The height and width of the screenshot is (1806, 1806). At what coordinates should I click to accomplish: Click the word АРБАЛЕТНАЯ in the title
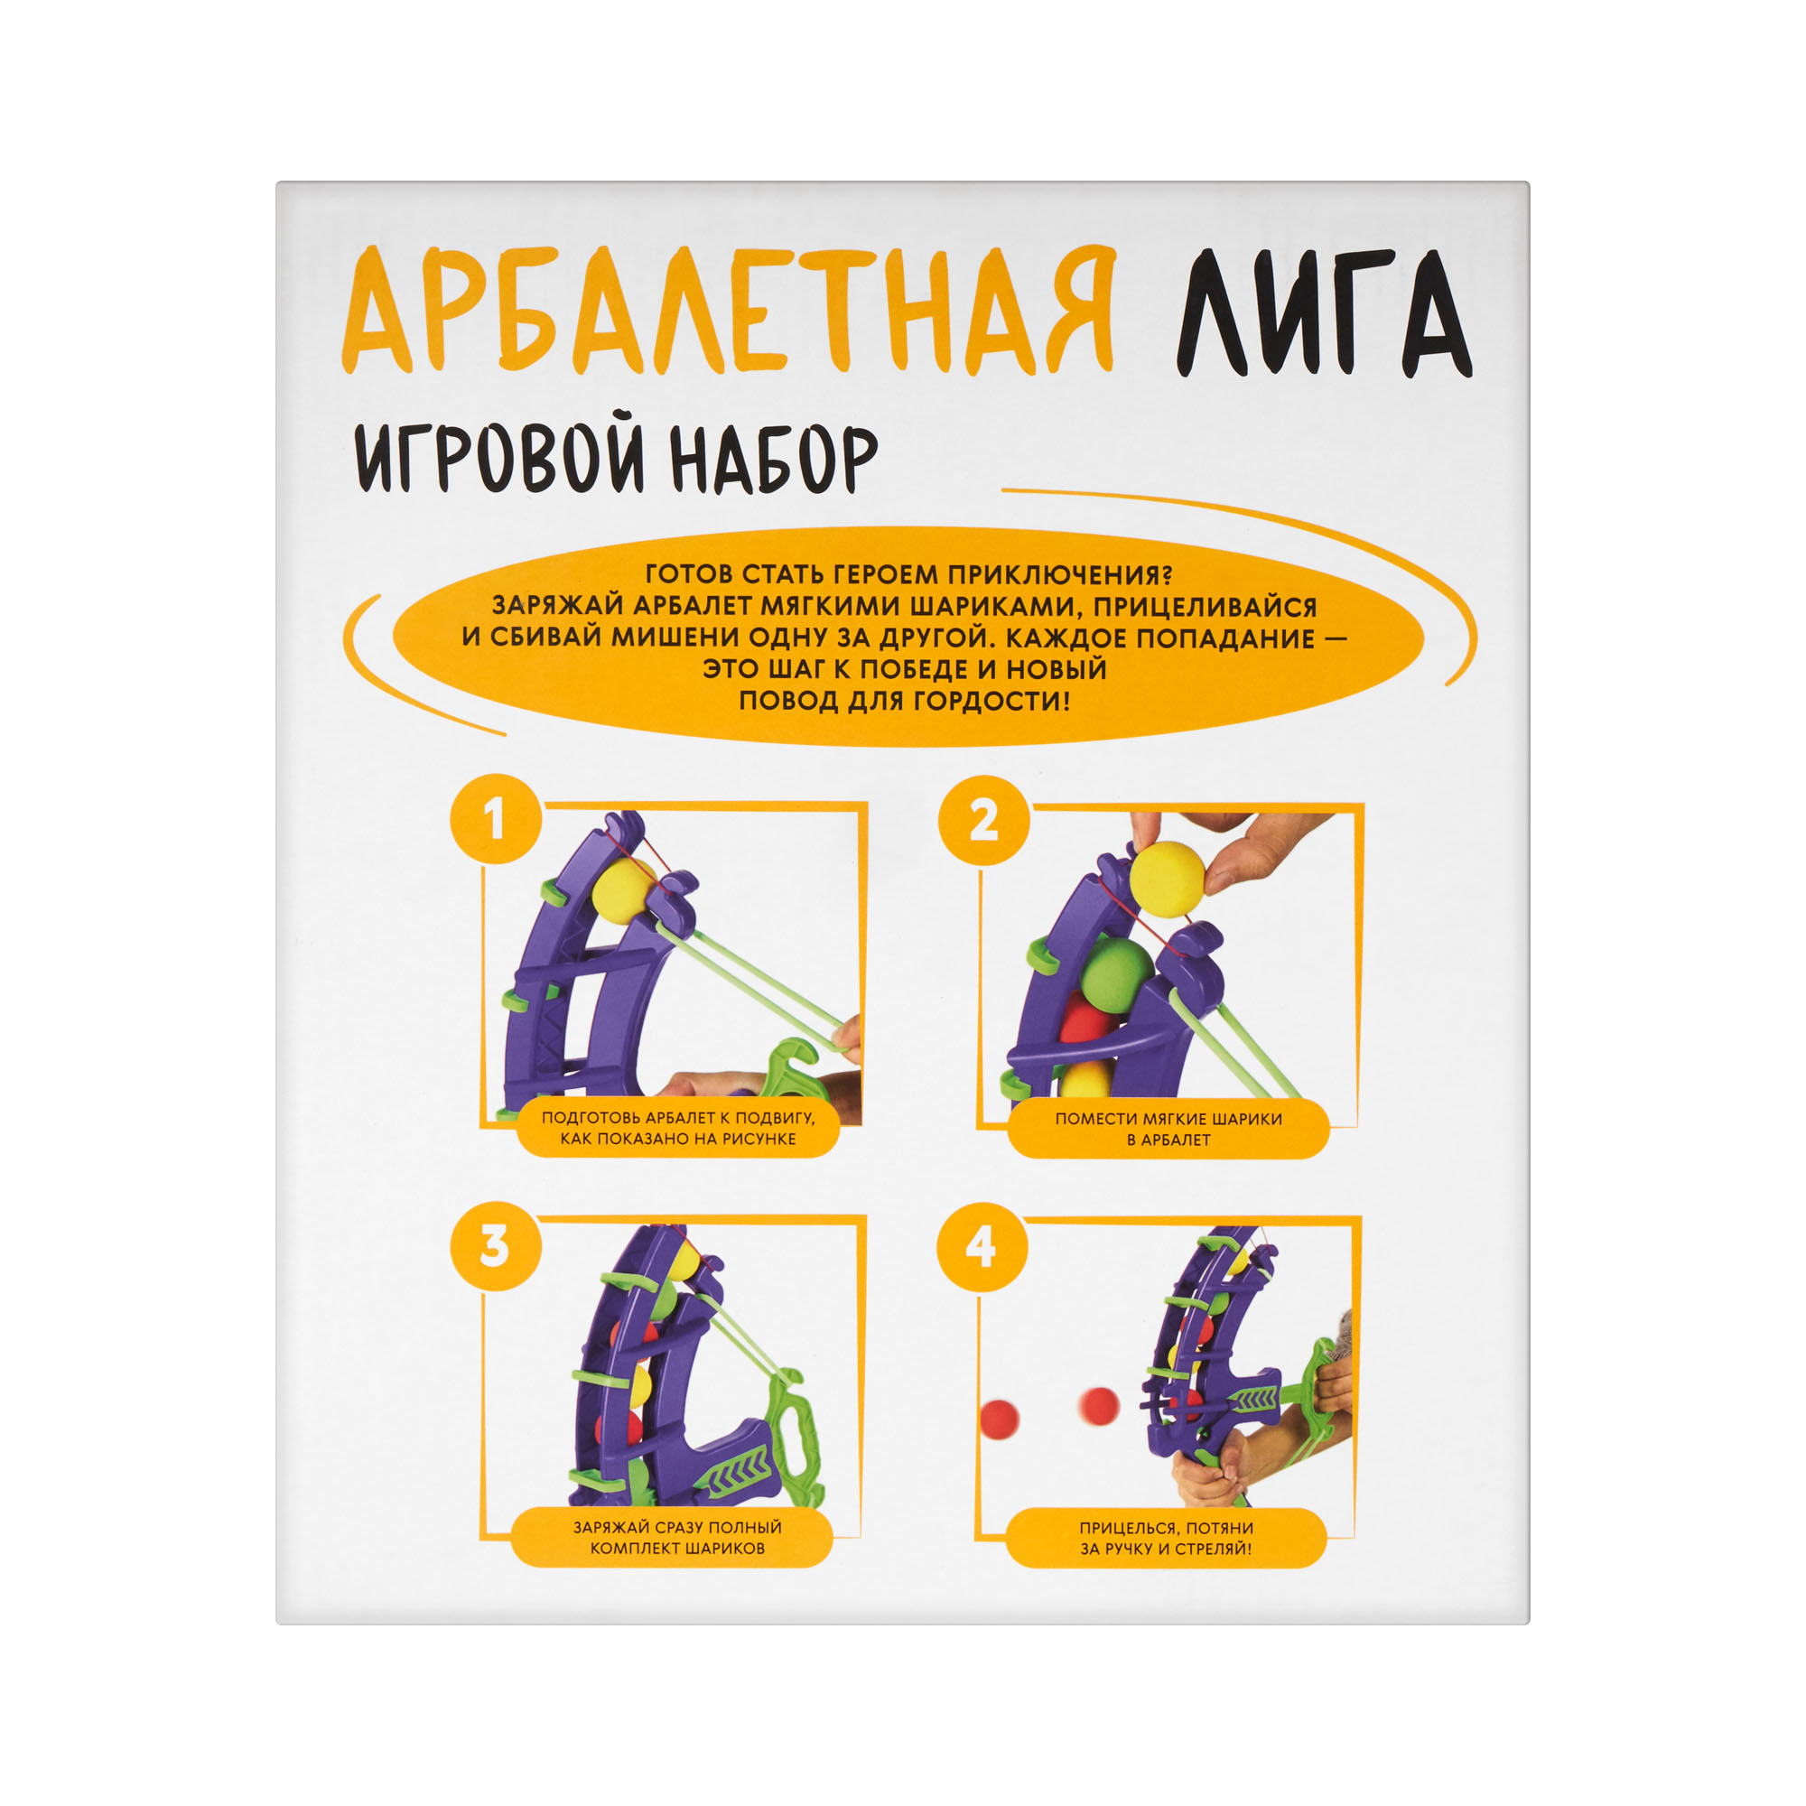click(x=728, y=312)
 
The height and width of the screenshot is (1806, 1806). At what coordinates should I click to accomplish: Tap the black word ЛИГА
click(x=1323, y=314)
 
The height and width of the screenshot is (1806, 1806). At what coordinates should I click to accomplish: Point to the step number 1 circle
click(x=496, y=820)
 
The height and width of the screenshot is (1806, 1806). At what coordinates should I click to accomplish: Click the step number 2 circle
click(x=983, y=821)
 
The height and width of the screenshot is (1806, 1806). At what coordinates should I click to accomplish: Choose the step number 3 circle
click(x=496, y=1247)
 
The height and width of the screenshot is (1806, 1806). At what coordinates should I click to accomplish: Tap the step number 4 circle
click(x=982, y=1247)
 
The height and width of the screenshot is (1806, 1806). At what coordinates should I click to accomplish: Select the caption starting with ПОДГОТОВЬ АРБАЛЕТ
click(x=678, y=1128)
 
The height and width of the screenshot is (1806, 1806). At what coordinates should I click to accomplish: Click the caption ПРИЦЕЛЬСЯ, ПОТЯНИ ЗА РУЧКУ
click(x=1167, y=1538)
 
